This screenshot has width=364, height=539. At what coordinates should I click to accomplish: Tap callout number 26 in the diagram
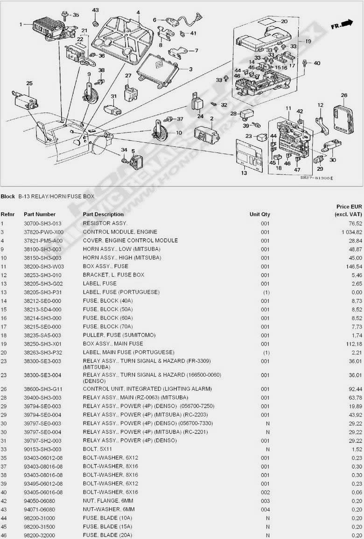344,96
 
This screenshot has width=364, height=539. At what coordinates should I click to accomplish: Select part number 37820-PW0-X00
43,232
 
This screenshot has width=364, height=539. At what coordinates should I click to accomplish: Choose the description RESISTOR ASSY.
105,223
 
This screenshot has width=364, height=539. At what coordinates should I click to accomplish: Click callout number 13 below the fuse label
244,173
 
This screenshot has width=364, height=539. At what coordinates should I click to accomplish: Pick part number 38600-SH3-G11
43,388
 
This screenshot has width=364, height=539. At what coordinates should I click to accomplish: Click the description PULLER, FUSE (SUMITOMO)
119,335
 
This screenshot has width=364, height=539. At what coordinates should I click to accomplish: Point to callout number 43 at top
95,10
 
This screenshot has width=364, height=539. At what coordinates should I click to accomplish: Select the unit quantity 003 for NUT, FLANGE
265,500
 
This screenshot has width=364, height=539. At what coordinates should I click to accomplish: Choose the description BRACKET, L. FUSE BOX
113,275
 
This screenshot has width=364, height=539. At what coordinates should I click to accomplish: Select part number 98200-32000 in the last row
39,535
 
